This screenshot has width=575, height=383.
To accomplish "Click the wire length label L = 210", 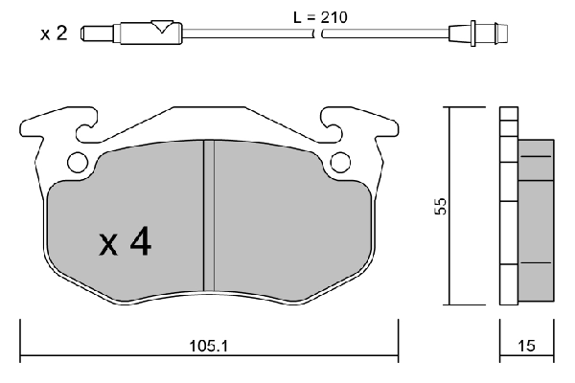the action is (x=320, y=17).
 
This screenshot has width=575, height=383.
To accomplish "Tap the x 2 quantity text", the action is (x=54, y=34).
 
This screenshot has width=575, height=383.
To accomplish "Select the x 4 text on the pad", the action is (x=125, y=241).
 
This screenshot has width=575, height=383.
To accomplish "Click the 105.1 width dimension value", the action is (x=209, y=346).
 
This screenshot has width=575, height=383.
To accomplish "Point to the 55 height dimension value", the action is (x=441, y=206).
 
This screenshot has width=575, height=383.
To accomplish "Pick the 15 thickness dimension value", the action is (x=526, y=346).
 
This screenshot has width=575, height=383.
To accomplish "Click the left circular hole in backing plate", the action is (x=78, y=162).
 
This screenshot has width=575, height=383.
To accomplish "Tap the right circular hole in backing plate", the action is (x=340, y=162).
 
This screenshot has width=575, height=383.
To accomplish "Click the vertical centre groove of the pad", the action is (x=209, y=215).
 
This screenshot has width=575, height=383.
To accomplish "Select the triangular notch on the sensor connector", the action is (x=162, y=27).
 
